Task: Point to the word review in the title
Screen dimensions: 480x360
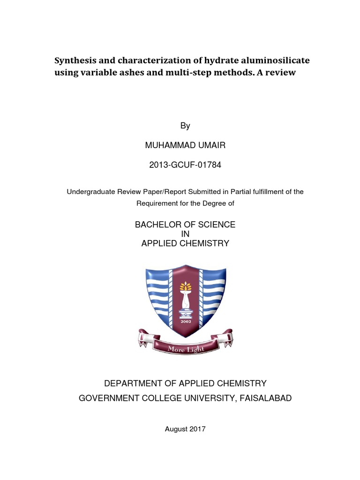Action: pos(282,73)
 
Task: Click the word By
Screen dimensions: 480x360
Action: pos(185,126)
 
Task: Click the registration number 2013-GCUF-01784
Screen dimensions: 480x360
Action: pos(185,165)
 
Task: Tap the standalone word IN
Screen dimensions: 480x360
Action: pos(185,234)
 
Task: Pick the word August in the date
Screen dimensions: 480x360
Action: pos(176,429)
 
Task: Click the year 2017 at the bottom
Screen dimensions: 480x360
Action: pos(197,429)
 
